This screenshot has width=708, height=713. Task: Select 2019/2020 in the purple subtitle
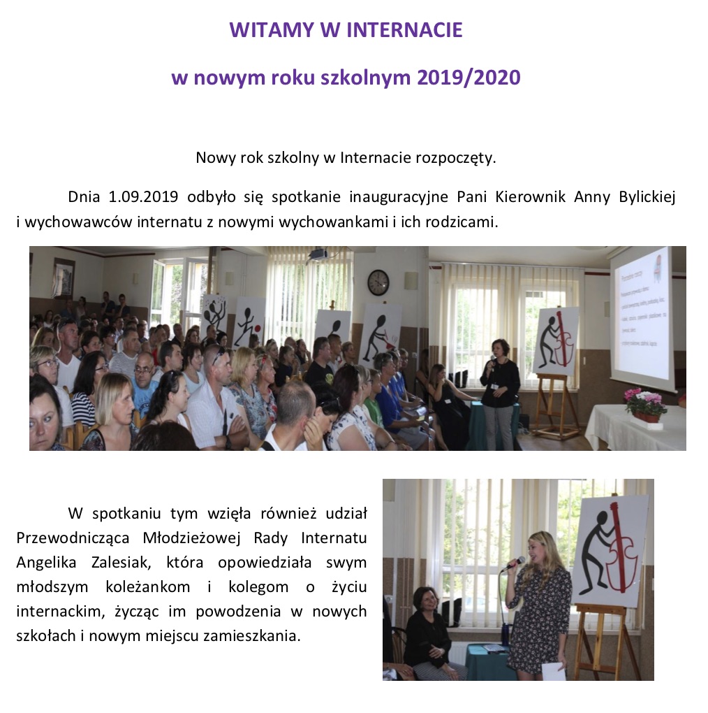[x=469, y=78]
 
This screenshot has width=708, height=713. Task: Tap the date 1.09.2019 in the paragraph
[x=143, y=196]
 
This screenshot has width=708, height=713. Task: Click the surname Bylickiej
[x=647, y=197]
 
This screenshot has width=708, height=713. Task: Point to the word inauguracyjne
[x=398, y=197]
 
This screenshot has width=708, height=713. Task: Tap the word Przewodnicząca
[x=73, y=538]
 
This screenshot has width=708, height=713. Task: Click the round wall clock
[x=378, y=282]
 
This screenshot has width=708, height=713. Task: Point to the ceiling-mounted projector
[x=318, y=255]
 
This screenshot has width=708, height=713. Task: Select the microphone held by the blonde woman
[x=514, y=564]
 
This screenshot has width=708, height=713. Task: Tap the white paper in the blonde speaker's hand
[x=554, y=671]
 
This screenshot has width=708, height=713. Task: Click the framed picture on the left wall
[x=63, y=278]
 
